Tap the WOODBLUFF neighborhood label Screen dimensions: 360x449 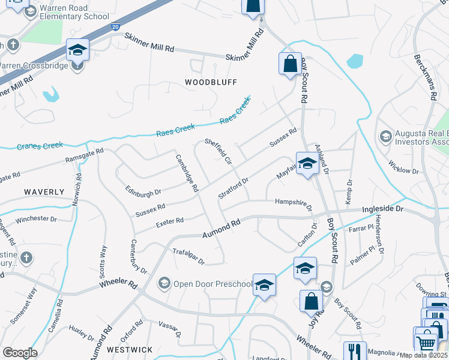tap(211, 82)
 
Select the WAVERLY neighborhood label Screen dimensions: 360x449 tap(44, 192)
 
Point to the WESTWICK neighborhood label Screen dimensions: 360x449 tap(130, 349)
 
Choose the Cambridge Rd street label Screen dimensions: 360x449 tap(187, 173)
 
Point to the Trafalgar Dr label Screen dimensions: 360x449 tap(188, 257)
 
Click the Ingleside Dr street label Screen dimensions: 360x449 tap(391, 209)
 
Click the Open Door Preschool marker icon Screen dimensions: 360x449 tap(164, 283)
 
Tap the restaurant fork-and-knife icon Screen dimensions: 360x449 tap(355, 352)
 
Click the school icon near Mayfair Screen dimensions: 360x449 tap(307, 164)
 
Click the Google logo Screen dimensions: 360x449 tap(19, 353)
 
